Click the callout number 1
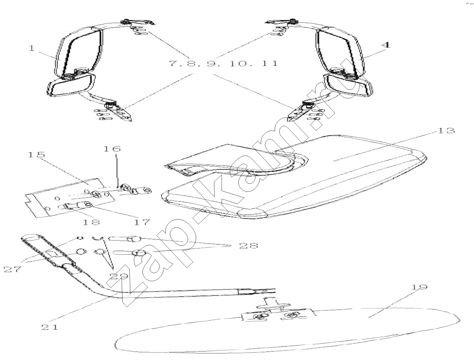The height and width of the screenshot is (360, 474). (x=32, y=48)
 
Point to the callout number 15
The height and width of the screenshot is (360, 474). (x=36, y=155)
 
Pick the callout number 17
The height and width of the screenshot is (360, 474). (x=142, y=222)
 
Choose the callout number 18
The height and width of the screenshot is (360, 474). (x=91, y=222)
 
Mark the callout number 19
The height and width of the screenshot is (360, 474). (x=419, y=287)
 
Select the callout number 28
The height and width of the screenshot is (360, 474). (x=249, y=246)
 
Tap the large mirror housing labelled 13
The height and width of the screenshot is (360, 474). (x=294, y=179)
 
